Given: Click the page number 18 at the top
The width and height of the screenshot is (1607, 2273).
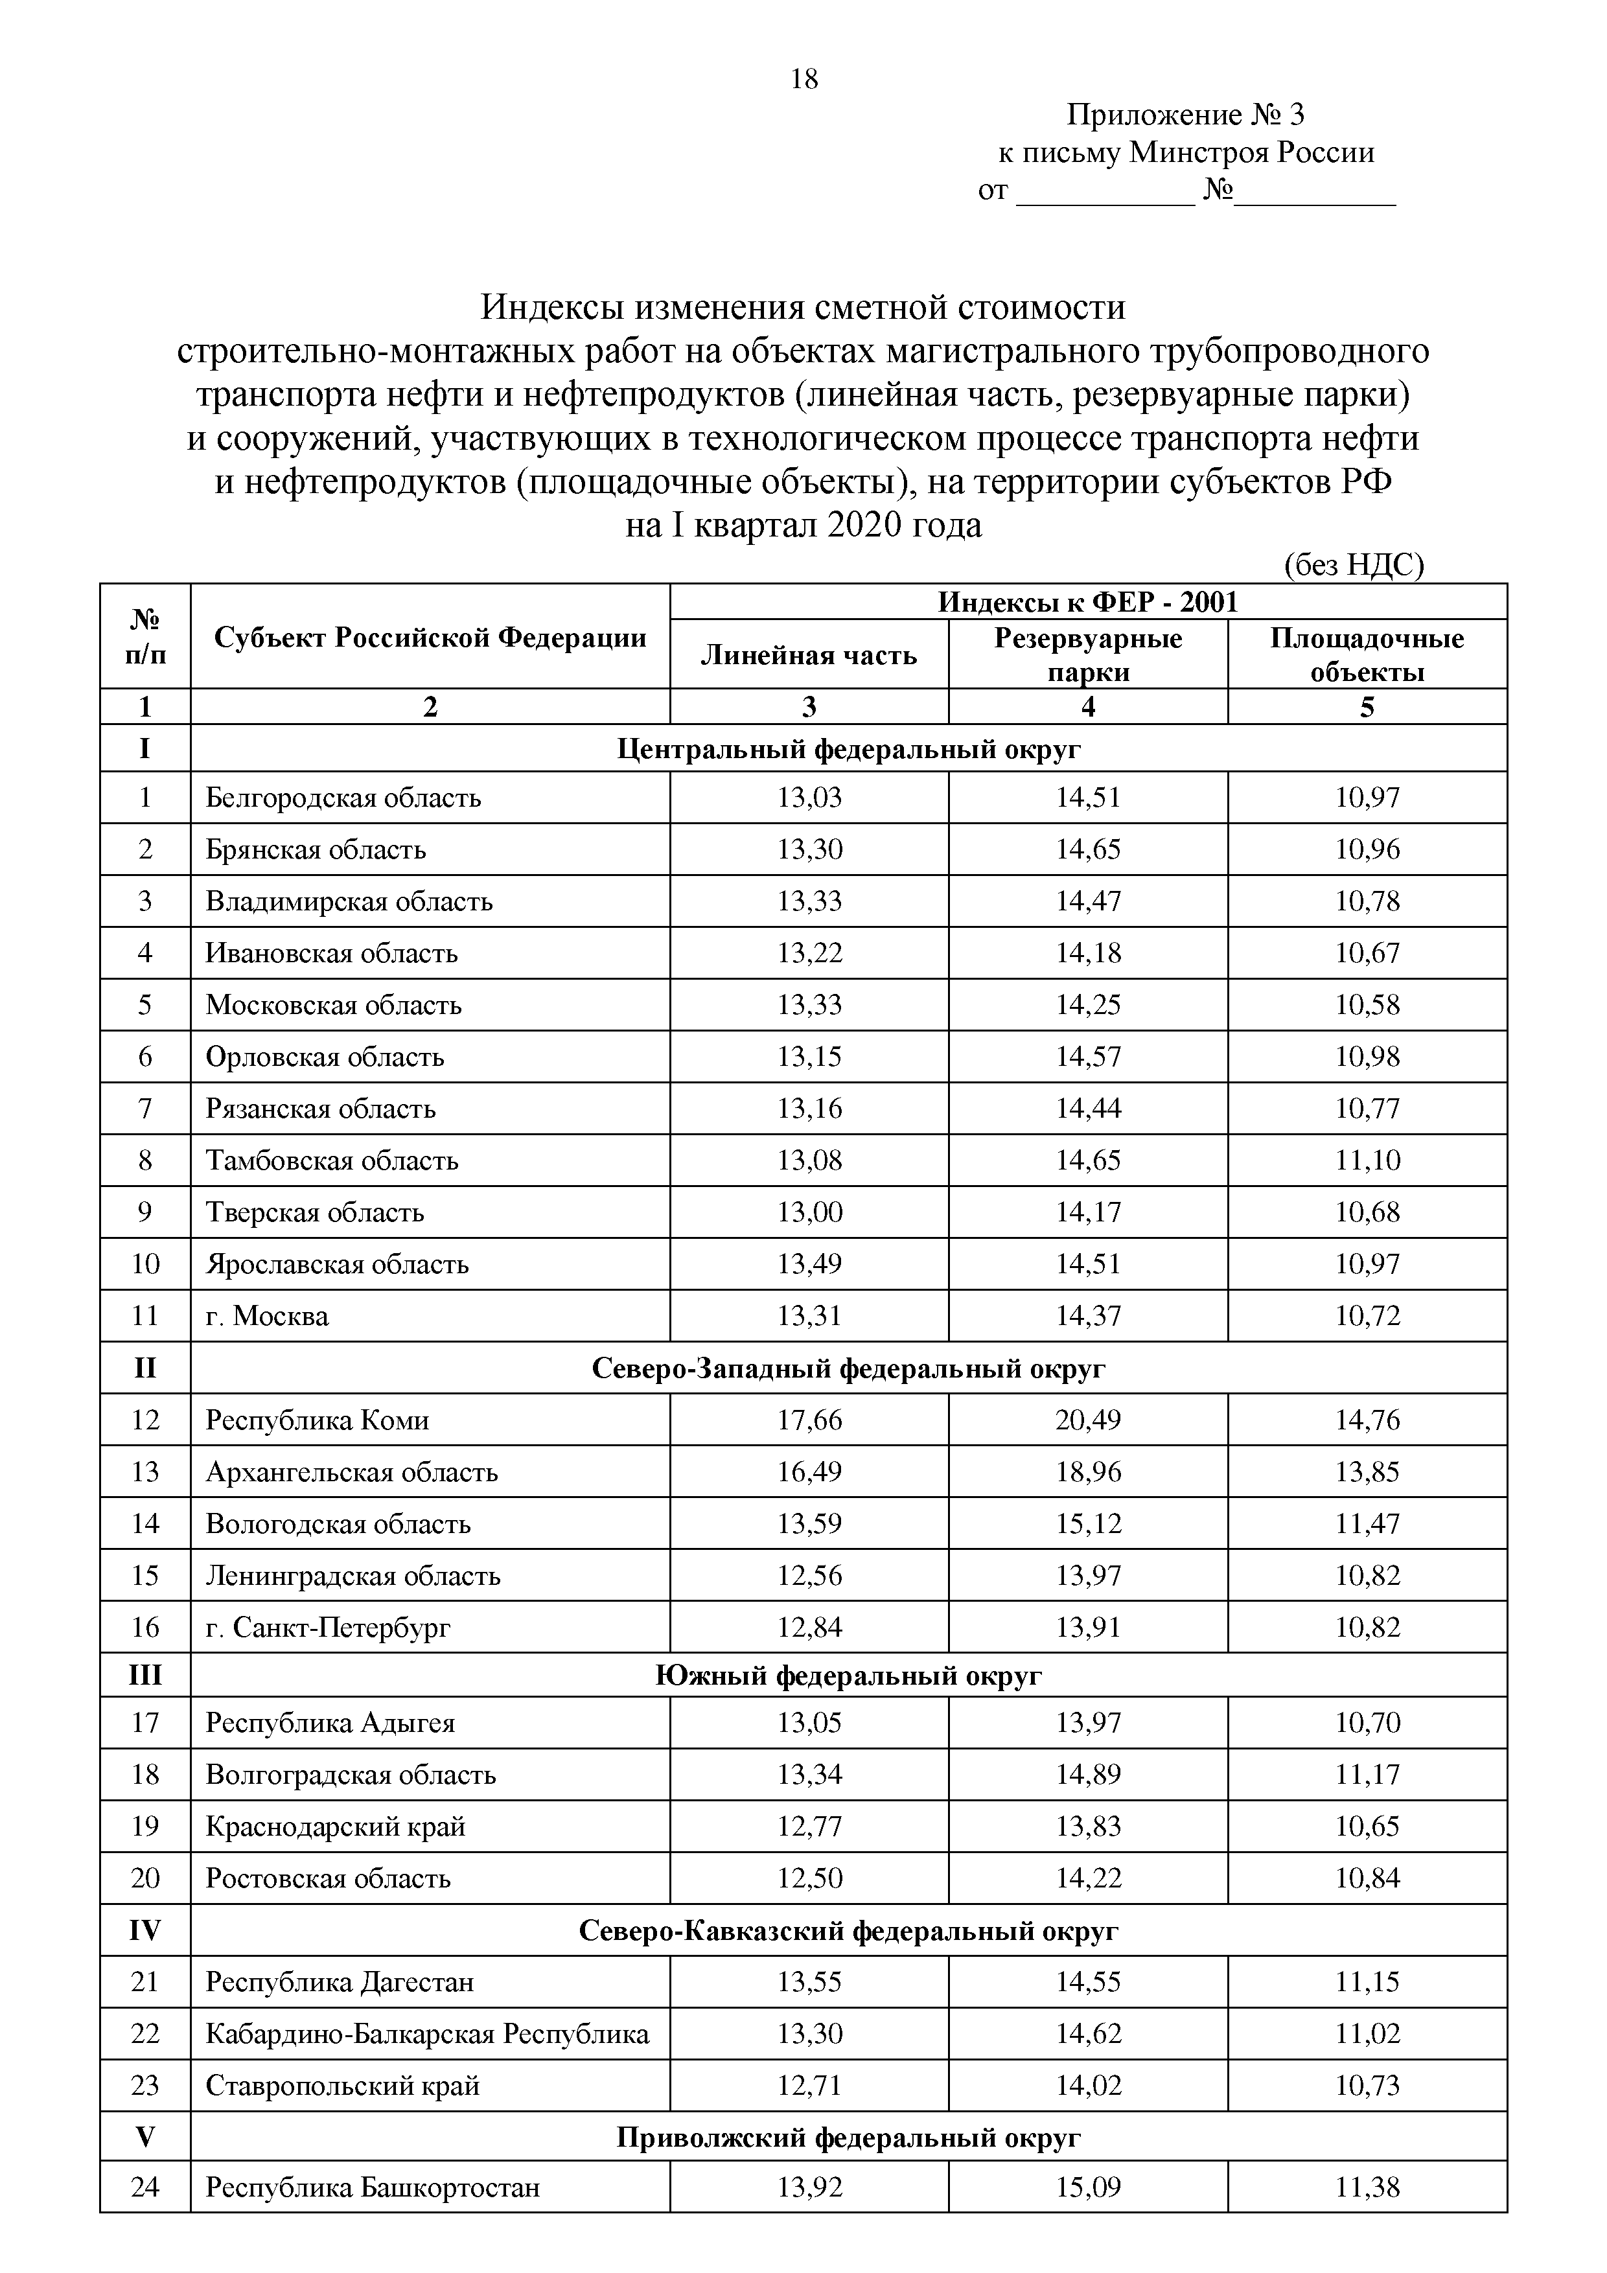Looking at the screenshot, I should pyautogui.click(x=804, y=79).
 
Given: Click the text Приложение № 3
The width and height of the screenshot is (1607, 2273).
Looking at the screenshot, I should pyautogui.click(x=1185, y=116).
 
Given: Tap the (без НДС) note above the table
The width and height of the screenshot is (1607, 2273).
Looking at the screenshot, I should pyautogui.click(x=1354, y=565).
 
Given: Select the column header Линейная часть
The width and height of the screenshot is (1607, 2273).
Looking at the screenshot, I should pyautogui.click(x=809, y=655).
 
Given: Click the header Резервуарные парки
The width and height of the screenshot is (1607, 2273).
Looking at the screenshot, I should pyautogui.click(x=1088, y=654).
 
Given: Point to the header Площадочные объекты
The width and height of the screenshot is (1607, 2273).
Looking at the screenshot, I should pyautogui.click(x=1367, y=654).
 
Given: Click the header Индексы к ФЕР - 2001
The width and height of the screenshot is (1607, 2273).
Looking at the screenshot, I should pyautogui.click(x=1088, y=602).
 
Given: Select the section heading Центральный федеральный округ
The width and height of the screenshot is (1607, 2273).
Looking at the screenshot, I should pyautogui.click(x=849, y=748).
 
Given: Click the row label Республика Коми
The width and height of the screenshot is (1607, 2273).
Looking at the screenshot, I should pyautogui.click(x=317, y=1420).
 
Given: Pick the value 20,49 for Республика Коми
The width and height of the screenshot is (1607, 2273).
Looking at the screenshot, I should pyautogui.click(x=1088, y=1420).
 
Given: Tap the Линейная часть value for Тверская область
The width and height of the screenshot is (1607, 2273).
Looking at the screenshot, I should pyautogui.click(x=809, y=1212).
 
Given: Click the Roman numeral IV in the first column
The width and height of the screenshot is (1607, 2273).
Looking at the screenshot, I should pyautogui.click(x=145, y=1930).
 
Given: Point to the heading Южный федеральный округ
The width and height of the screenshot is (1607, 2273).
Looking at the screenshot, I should pyautogui.click(x=849, y=1675).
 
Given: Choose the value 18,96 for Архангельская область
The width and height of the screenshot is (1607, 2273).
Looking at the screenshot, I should pyautogui.click(x=1088, y=1471).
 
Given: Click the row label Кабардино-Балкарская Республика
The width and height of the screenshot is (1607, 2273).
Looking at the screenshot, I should pyautogui.click(x=427, y=2033).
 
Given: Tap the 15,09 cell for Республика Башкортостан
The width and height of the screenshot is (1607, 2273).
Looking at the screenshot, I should pyautogui.click(x=1088, y=2186).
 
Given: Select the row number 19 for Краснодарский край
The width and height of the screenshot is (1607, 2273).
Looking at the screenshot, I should pyautogui.click(x=145, y=1825).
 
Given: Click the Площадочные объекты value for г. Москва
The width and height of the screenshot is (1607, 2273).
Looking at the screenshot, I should pyautogui.click(x=1367, y=1316).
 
